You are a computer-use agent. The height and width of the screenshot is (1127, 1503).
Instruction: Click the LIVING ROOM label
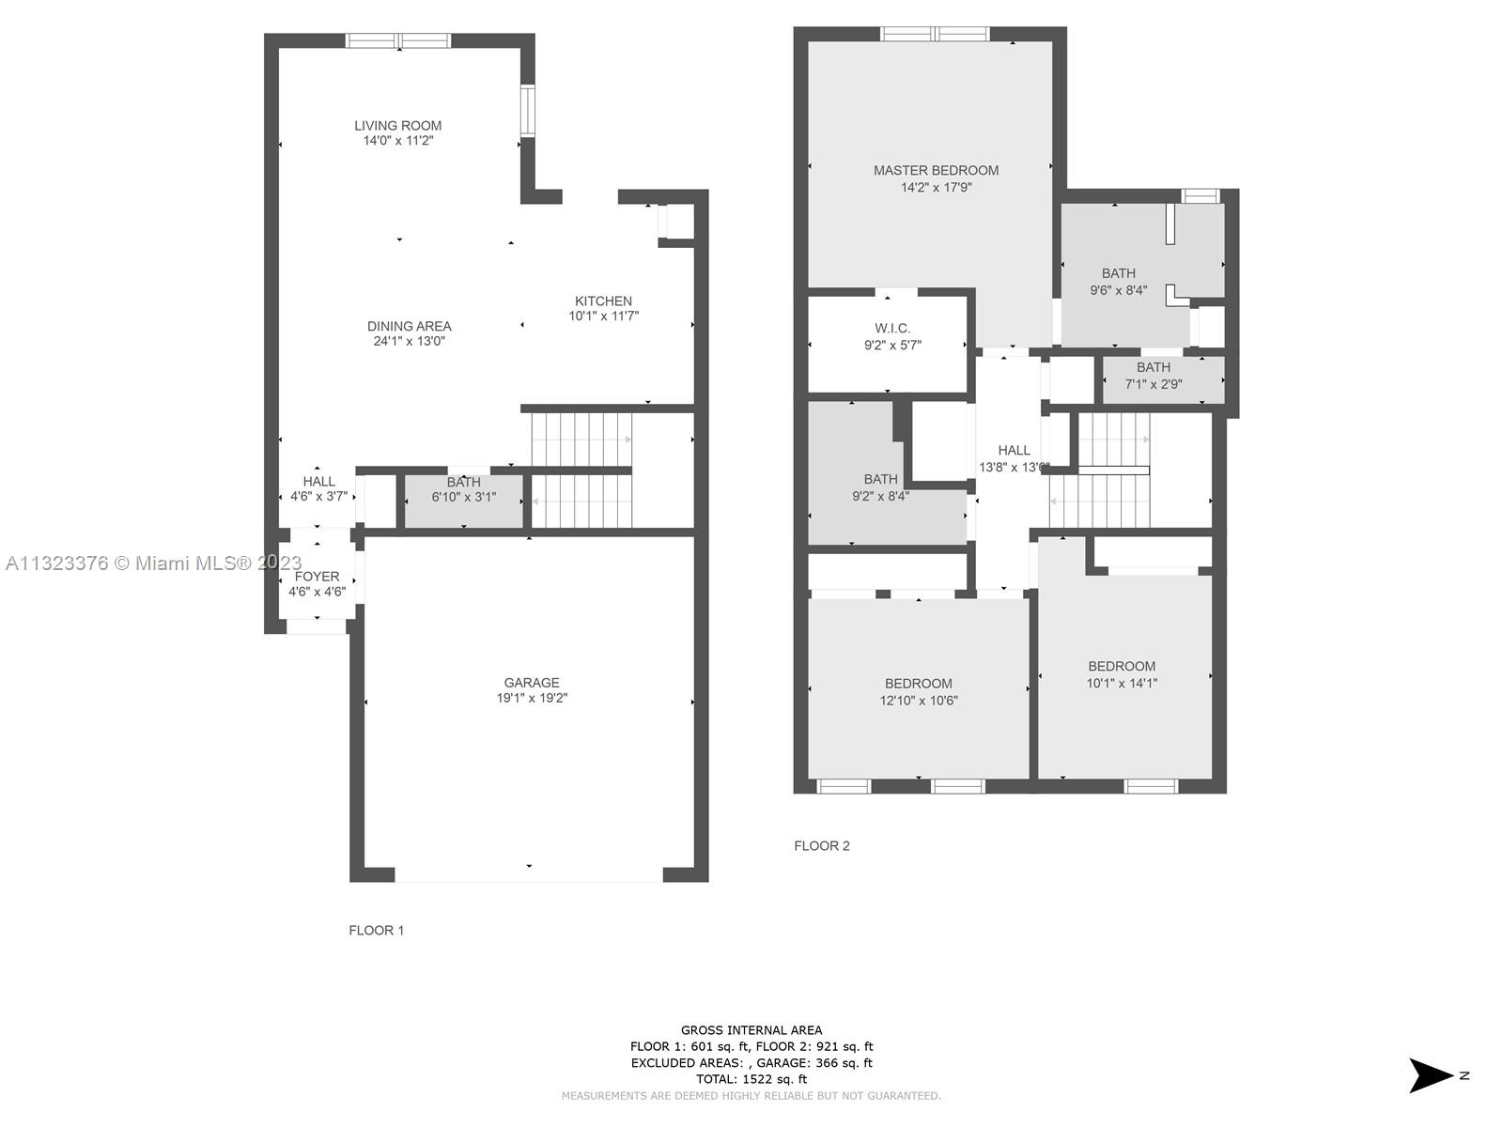[398, 126]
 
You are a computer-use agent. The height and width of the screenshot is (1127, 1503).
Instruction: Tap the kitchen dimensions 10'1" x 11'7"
[603, 316]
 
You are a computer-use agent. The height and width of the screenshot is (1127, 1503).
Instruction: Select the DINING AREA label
[409, 327]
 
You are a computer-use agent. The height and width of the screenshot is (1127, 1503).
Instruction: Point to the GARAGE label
[532, 682]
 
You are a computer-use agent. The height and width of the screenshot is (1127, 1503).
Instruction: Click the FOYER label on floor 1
[317, 577]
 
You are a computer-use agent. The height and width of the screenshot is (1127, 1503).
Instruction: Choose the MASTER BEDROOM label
[936, 170]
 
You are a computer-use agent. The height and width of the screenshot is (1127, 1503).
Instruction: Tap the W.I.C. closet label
[892, 329]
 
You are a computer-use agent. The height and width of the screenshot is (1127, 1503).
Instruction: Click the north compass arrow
[1430, 1075]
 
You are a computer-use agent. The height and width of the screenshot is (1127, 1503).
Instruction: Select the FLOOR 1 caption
[377, 931]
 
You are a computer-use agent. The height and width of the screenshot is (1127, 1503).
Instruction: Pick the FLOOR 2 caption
[822, 846]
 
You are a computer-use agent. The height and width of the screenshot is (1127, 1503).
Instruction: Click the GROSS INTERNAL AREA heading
[751, 1030]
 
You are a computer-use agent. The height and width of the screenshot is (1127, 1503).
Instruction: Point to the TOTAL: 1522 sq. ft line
[751, 1080]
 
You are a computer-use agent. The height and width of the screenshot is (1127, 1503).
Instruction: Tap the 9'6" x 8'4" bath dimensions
[1118, 290]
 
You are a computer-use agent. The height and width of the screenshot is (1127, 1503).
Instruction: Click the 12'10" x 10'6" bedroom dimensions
[918, 700]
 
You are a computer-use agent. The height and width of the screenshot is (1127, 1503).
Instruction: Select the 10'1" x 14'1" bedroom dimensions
[1122, 683]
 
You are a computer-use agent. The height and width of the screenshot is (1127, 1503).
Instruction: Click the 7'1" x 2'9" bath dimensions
[1154, 384]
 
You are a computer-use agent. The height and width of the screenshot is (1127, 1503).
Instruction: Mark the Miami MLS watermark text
[153, 563]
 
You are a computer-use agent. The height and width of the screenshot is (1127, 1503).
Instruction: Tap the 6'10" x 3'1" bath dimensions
[463, 498]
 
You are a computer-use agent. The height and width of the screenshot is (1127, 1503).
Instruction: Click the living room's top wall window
[398, 40]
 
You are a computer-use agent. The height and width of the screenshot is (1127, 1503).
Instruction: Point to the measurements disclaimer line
[751, 1096]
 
